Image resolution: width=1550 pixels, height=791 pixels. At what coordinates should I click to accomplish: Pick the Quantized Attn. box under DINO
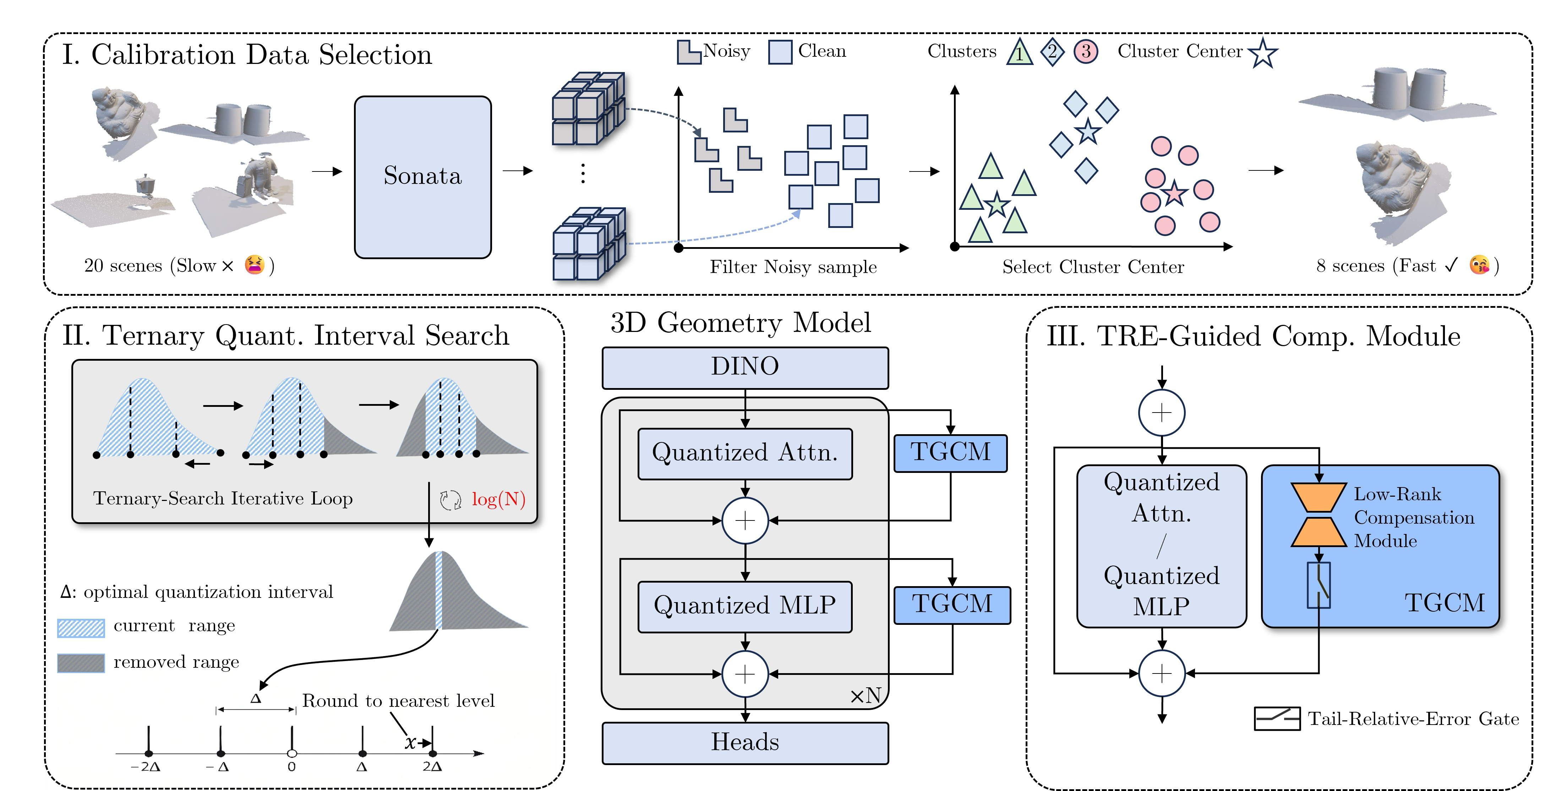745,453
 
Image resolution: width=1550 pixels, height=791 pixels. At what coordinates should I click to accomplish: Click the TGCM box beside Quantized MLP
952,605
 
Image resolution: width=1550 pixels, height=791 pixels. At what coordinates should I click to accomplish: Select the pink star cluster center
1174,193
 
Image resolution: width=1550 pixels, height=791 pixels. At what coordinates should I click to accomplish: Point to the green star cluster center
997,204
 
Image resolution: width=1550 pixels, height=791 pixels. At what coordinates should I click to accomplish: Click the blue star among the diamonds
1088,131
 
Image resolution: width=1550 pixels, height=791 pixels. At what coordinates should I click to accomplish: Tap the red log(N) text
498,499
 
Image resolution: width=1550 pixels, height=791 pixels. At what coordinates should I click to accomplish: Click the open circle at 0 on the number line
292,753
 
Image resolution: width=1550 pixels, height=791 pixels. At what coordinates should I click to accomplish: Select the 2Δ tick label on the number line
432,767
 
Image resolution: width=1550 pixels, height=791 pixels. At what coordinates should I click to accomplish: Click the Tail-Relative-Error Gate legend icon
1277,718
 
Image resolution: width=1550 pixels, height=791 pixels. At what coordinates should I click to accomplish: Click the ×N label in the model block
865,696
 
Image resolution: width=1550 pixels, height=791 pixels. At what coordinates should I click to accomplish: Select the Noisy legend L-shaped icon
688,52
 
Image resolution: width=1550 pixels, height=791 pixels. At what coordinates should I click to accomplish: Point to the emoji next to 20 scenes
255,264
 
